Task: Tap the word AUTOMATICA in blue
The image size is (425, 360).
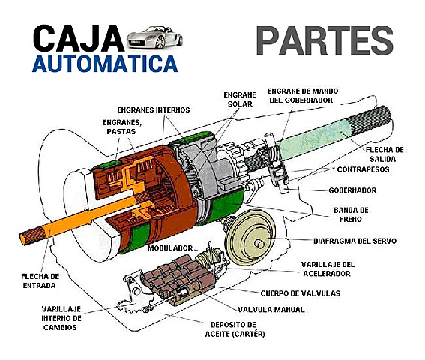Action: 104,63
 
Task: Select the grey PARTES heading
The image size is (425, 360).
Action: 324,41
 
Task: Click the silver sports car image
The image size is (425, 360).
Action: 154,36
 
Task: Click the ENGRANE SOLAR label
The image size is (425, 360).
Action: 239,99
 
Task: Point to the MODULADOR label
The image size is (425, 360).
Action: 169,247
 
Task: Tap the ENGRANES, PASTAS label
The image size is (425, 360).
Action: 120,125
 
